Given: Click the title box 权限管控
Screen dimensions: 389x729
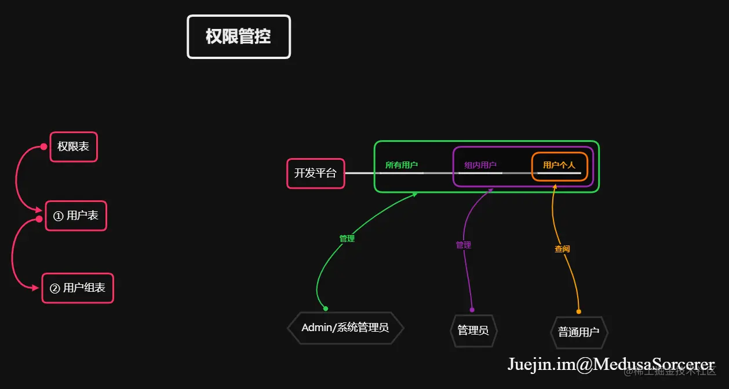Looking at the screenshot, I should click(238, 37).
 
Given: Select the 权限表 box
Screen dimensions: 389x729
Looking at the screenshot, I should click(74, 147).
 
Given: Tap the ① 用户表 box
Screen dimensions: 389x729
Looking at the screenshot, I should click(76, 216).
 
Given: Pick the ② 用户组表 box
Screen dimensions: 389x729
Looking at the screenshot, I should click(78, 288).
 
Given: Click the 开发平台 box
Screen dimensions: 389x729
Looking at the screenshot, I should click(315, 173).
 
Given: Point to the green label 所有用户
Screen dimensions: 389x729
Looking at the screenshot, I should click(402, 165).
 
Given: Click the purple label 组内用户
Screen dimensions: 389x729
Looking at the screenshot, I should click(480, 165).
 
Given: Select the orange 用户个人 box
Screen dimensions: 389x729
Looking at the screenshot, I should click(559, 166).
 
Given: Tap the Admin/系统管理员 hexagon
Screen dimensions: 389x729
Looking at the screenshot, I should click(345, 328).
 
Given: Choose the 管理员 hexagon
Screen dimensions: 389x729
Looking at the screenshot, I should click(473, 331).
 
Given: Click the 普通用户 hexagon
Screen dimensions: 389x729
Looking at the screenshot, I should click(578, 332).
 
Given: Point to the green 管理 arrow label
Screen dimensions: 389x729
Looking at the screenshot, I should click(347, 238).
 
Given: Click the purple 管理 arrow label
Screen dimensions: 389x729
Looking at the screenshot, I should click(464, 245).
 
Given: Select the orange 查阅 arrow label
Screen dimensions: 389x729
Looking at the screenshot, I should click(562, 249).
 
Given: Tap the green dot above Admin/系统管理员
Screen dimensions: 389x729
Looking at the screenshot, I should click(326, 309).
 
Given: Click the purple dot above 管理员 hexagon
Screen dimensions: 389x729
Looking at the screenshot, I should click(472, 310).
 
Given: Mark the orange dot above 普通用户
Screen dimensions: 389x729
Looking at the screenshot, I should click(578, 311).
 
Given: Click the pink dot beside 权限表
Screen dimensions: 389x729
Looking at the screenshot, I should click(43, 147).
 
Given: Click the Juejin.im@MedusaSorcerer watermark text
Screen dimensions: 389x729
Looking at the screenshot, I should click(611, 364).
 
